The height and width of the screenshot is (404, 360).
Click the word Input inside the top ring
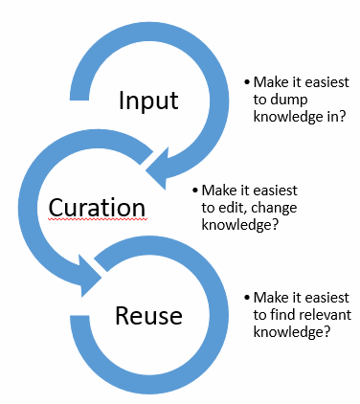148,101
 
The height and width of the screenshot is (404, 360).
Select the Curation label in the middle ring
97,208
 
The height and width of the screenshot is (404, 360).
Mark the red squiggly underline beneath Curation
97,221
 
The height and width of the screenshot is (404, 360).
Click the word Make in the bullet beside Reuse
271,299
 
